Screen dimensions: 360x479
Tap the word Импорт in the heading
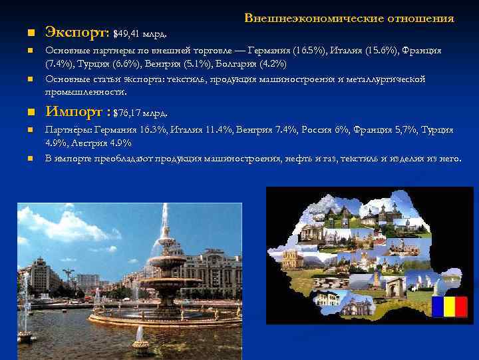click(75, 111)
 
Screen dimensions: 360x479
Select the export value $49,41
click(129, 33)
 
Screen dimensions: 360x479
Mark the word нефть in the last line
click(302, 158)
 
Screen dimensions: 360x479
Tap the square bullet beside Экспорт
click(21, 33)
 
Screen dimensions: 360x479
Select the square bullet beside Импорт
click(21, 112)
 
